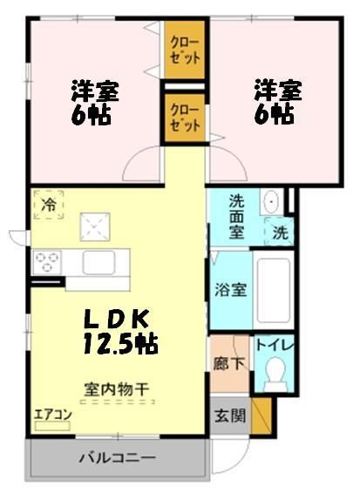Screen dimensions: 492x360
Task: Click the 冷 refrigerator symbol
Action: pyautogui.click(x=49, y=206)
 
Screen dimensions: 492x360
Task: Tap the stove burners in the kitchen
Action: pyautogui.click(x=46, y=259)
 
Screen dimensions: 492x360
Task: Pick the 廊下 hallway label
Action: pyautogui.click(x=226, y=357)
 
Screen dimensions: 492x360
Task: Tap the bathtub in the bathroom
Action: pyautogui.click(x=274, y=289)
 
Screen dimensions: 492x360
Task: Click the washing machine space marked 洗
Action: pyautogui.click(x=278, y=233)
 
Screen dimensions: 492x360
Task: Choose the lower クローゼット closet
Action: pyautogui.click(x=184, y=117)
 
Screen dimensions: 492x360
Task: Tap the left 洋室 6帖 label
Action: pyautogui.click(x=93, y=103)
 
